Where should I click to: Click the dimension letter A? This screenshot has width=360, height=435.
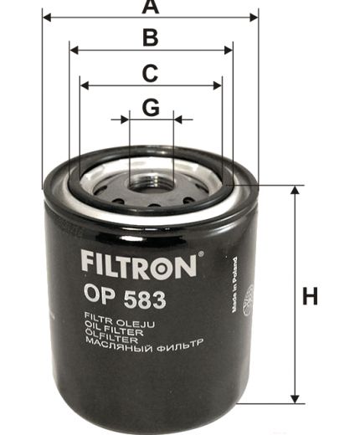(x=150, y=8)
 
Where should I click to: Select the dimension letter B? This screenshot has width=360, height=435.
(x=150, y=38)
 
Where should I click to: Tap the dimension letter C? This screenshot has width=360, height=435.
(x=150, y=73)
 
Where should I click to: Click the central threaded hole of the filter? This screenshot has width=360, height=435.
(x=152, y=178)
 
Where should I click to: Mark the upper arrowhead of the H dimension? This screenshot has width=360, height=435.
(x=294, y=191)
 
